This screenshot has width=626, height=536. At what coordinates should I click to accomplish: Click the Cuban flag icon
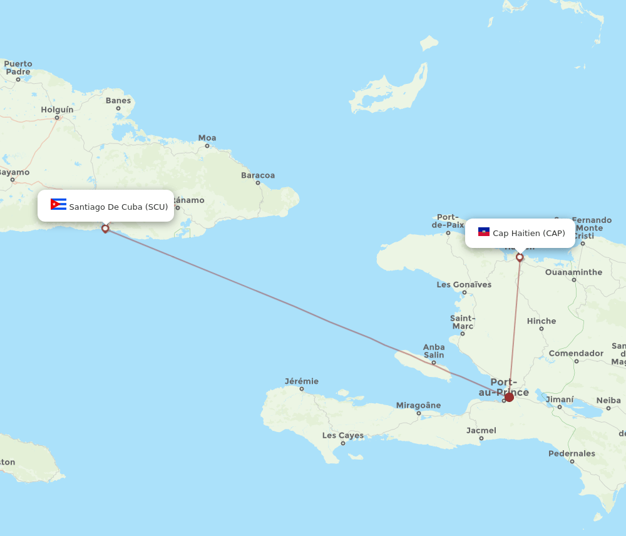58,205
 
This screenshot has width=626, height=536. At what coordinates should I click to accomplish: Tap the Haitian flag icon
484,232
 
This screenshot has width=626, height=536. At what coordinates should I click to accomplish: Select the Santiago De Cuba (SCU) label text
118,207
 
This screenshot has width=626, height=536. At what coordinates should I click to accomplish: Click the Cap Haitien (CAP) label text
529,234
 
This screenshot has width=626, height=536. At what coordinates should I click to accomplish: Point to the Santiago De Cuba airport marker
105,229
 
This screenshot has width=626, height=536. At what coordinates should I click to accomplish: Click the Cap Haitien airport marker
520,257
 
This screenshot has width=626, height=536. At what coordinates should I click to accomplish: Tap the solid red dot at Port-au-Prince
509,397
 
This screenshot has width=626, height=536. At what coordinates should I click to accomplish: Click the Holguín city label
57,110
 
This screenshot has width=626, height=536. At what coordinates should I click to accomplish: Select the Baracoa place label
258,175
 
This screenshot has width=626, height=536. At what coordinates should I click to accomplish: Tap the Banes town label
118,100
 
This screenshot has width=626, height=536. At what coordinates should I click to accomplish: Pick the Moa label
207,138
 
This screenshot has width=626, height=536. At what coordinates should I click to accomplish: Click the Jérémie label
302,381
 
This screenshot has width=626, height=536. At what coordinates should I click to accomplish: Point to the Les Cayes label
343,435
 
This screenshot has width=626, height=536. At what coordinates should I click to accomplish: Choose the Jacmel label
481,430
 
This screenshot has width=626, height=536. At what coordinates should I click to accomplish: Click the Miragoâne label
419,405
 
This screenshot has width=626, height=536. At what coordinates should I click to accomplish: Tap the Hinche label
541,321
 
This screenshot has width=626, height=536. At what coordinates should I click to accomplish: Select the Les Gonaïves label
464,285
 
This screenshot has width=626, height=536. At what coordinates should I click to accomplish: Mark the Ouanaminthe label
573,272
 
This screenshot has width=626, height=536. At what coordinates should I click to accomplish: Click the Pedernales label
572,453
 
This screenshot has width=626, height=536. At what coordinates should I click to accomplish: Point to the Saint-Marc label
463,322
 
